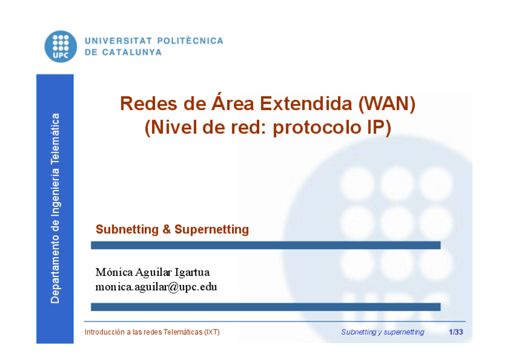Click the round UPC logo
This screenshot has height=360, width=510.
[61, 46]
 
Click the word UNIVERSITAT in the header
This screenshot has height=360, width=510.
[118, 41]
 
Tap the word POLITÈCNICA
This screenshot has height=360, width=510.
[191, 41]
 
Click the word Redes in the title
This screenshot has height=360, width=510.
[149, 103]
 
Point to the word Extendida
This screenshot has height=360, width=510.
[306, 103]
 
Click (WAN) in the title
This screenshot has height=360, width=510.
[387, 104]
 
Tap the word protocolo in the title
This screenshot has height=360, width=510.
[317, 127]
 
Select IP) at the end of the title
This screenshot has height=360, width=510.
[379, 127]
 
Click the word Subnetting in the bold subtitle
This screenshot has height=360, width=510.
[127, 230]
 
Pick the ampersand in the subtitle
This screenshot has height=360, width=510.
[167, 229]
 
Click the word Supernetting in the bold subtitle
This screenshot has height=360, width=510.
[212, 230]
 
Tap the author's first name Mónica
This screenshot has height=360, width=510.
[114, 272]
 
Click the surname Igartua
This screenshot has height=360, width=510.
[192, 272]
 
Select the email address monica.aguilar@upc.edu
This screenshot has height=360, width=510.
[156, 287]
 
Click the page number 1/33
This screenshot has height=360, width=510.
[456, 332]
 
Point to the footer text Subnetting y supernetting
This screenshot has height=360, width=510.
[383, 332]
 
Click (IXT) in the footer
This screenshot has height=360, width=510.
[212, 332]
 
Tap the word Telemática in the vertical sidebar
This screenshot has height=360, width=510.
[55, 139]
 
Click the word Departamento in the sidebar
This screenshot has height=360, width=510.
[55, 269]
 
